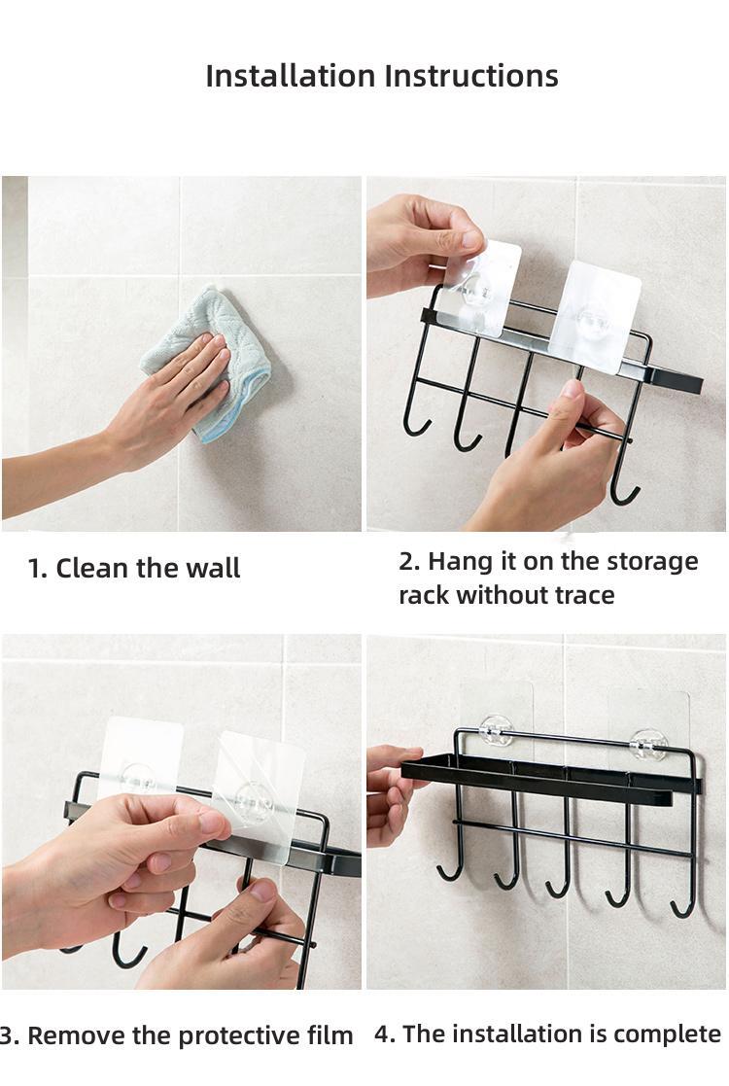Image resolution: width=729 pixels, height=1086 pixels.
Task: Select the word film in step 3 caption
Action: [x=330, y=1036]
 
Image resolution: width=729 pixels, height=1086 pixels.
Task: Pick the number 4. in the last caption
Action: [x=385, y=1033]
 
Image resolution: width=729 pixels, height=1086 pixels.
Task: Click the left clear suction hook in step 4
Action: [x=497, y=728]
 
